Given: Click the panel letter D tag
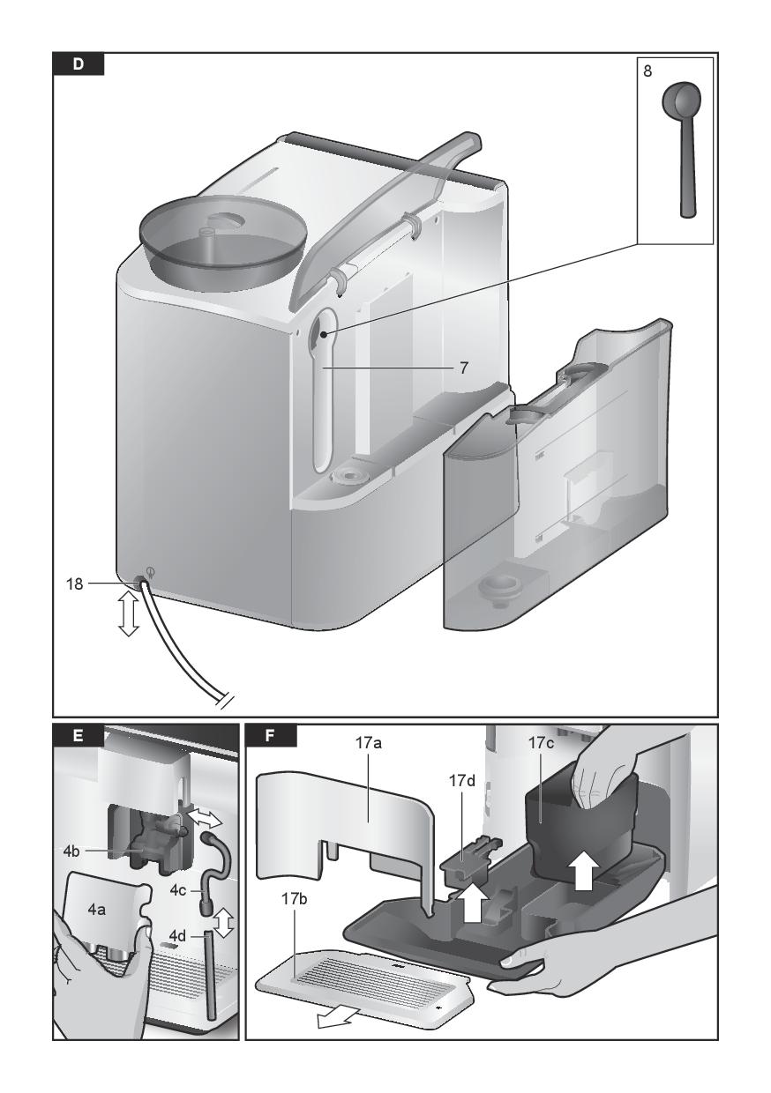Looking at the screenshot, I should click(79, 63).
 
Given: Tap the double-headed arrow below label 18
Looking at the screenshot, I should click(129, 615).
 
